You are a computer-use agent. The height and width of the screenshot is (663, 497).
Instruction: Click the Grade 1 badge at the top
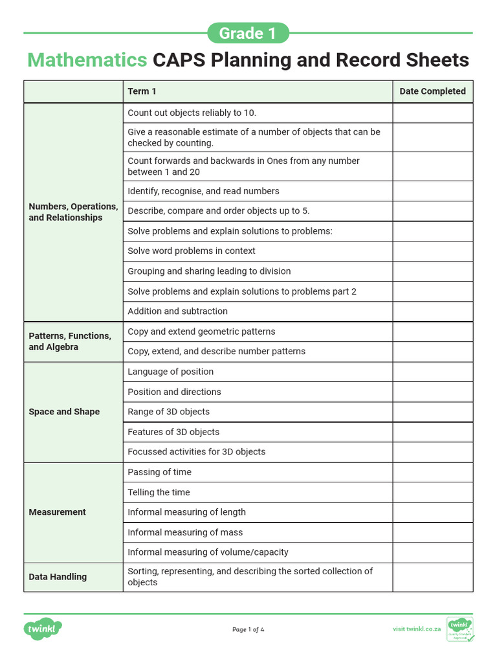pyautogui.click(x=248, y=33)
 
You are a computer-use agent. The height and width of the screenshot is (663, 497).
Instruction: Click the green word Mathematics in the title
pyautogui.click(x=87, y=60)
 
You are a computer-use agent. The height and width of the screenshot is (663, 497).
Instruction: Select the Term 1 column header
pyautogui.click(x=142, y=91)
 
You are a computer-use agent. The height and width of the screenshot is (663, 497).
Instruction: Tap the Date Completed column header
pyautogui.click(x=432, y=91)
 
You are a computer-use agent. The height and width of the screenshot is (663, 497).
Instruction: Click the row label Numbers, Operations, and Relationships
pyautogui.click(x=73, y=212)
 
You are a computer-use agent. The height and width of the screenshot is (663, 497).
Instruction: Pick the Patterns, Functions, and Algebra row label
pyautogui.click(x=70, y=341)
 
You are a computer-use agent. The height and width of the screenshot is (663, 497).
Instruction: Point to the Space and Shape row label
pyautogui.click(x=64, y=412)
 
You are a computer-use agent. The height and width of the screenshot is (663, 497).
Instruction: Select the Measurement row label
pyautogui.click(x=57, y=512)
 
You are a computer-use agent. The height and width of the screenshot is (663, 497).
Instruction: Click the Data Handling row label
pyautogui.click(x=58, y=577)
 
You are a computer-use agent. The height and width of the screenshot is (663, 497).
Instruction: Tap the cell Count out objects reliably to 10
pyautogui.click(x=192, y=113)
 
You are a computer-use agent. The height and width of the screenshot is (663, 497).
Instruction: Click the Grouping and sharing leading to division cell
pyautogui.click(x=209, y=271)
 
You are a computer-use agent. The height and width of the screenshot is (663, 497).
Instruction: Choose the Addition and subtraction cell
pyautogui.click(x=177, y=311)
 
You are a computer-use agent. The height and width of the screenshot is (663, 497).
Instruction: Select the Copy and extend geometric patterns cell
pyautogui.click(x=201, y=331)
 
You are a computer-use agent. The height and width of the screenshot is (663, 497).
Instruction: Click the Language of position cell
pyautogui.click(x=170, y=372)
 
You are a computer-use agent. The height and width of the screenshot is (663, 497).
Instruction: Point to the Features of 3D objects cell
pyautogui.click(x=173, y=432)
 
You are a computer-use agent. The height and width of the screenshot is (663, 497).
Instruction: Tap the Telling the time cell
pyautogui.click(x=159, y=492)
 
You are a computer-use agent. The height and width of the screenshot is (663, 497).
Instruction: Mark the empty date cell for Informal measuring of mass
pyautogui.click(x=432, y=532)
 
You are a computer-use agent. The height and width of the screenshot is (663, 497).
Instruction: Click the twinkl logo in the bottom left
pyautogui.click(x=43, y=629)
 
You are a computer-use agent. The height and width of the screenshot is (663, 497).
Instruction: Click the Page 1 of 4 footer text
pyautogui.click(x=248, y=629)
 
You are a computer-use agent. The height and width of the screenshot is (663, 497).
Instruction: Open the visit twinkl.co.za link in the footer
pyautogui.click(x=417, y=629)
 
